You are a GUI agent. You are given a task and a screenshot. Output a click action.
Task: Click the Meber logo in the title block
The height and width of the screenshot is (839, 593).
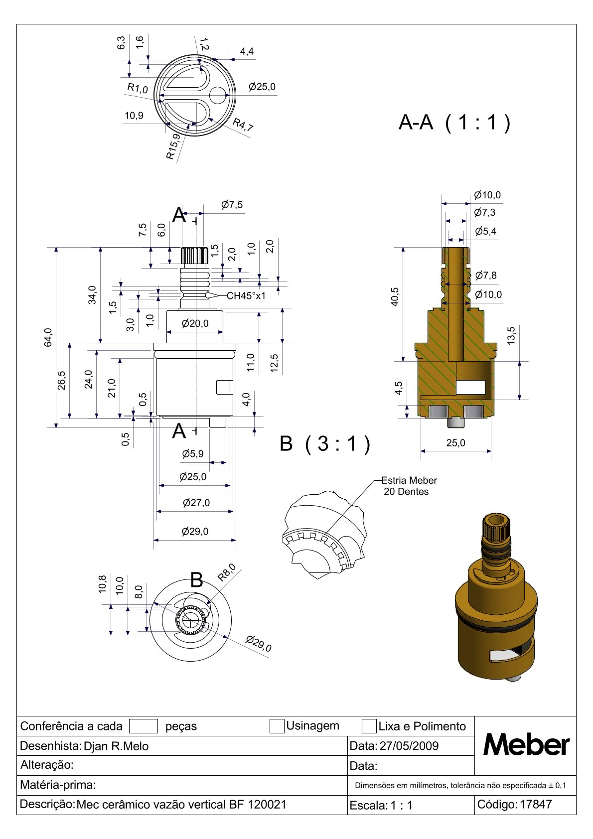[x=526, y=745]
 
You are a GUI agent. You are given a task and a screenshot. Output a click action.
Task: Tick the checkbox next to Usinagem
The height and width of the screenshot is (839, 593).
[x=277, y=726]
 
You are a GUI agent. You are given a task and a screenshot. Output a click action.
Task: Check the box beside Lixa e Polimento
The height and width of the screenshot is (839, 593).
[x=369, y=726]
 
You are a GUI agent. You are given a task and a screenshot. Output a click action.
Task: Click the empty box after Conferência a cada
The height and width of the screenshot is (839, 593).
[x=143, y=726]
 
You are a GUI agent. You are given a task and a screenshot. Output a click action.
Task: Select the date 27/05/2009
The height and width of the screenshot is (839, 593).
[x=409, y=746]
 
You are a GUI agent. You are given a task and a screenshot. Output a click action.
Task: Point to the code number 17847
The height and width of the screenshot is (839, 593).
[x=536, y=804]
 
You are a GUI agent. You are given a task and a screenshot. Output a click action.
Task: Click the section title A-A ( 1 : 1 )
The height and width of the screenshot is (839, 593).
[x=454, y=122]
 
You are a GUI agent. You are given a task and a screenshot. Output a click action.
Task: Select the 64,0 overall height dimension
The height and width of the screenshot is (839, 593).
[x=48, y=337]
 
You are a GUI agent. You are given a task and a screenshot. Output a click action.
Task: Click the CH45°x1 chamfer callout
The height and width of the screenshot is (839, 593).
[x=246, y=295]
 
